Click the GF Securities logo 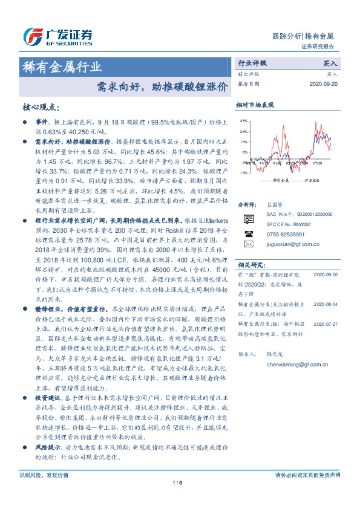(57, 36)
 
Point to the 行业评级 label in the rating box (251, 62)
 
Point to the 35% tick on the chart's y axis (243, 121)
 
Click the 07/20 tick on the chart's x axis (319, 163)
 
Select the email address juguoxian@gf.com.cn (292, 244)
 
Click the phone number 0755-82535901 (285, 233)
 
